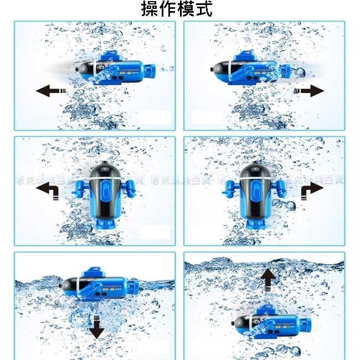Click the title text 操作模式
177,9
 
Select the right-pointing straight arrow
309,90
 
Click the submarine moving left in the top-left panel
114,69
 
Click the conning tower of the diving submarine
94,272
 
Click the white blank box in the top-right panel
206,117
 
